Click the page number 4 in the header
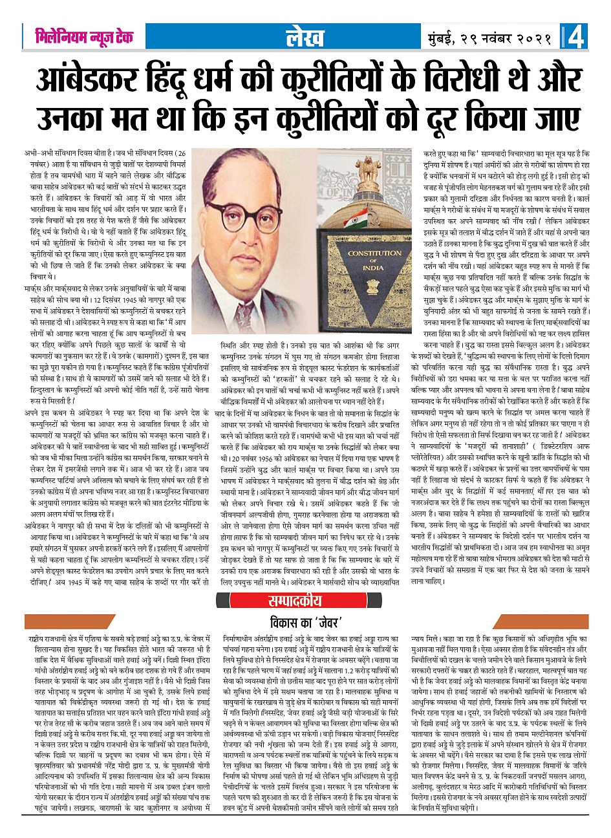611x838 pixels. [x=576, y=38]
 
